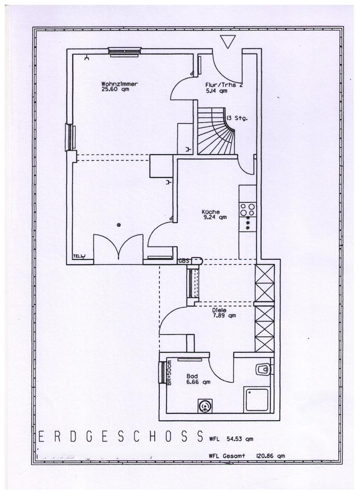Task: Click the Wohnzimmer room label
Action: click(x=120, y=83)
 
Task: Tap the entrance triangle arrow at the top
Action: click(x=227, y=41)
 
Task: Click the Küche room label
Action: click(x=211, y=212)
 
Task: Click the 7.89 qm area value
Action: click(x=224, y=316)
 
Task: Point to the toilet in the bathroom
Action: click(x=263, y=369)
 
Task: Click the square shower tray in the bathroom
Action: click(x=257, y=400)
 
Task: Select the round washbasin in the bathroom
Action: click(x=205, y=406)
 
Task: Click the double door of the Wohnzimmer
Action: click(x=119, y=249)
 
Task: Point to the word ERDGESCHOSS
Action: click(x=121, y=437)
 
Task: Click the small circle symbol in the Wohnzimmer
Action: click(x=118, y=224)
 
